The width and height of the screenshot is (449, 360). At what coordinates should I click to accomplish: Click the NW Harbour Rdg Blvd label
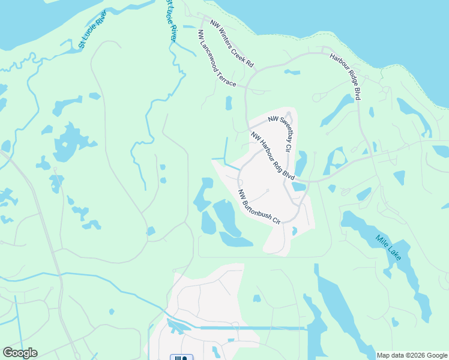point(273,155)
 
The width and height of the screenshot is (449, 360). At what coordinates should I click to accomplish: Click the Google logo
point(20,353)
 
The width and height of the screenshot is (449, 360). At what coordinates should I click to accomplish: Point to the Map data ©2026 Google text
point(412,355)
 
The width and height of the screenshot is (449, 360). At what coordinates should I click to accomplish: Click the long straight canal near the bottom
point(252,328)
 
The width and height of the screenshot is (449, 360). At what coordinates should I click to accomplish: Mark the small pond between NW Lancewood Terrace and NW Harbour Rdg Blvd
point(229,103)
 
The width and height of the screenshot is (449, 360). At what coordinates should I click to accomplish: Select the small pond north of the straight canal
point(257,298)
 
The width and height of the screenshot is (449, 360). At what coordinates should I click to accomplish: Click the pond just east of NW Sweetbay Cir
point(301,162)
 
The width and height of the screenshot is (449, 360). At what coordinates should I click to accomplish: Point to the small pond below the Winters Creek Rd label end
point(292,72)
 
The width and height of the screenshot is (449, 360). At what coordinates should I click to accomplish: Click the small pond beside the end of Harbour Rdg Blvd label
point(298,187)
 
